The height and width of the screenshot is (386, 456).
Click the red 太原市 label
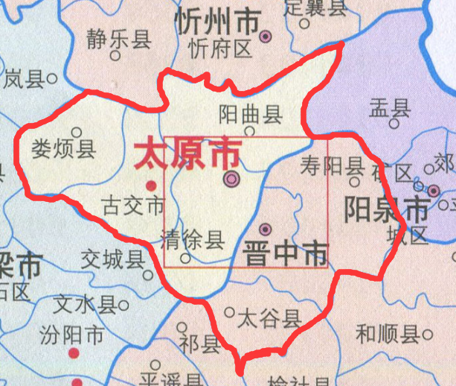tap(187, 155)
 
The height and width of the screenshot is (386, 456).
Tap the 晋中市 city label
tap(285, 254)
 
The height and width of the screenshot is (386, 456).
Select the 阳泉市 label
tap(387, 210)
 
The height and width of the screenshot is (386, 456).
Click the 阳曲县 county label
tap(251, 114)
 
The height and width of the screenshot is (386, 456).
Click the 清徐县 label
tap(192, 240)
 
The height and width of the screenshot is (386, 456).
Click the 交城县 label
tap(113, 259)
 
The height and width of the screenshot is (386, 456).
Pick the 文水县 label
tap(84, 304)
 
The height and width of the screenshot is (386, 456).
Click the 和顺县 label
tap(387, 334)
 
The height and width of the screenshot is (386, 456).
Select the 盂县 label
tap(389, 110)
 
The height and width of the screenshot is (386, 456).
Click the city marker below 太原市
tap(233, 179)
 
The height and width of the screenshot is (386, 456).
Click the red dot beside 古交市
tap(151, 185)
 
